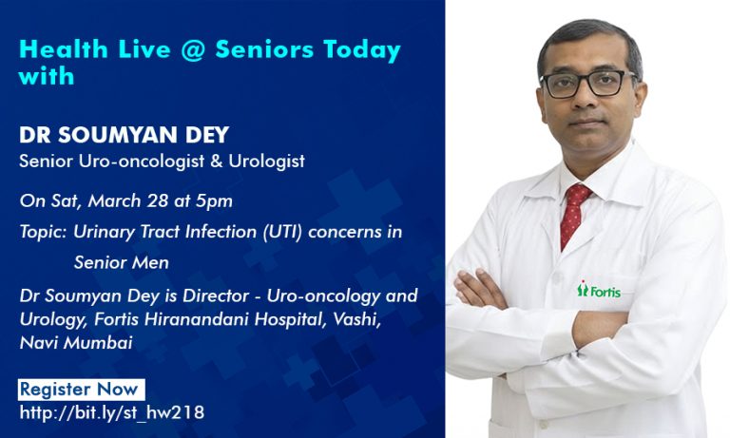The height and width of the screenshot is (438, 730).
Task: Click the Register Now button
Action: coord(81,390)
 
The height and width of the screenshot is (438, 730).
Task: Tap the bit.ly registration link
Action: coord(111,412)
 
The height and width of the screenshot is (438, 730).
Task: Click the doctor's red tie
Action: coord(574,214)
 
